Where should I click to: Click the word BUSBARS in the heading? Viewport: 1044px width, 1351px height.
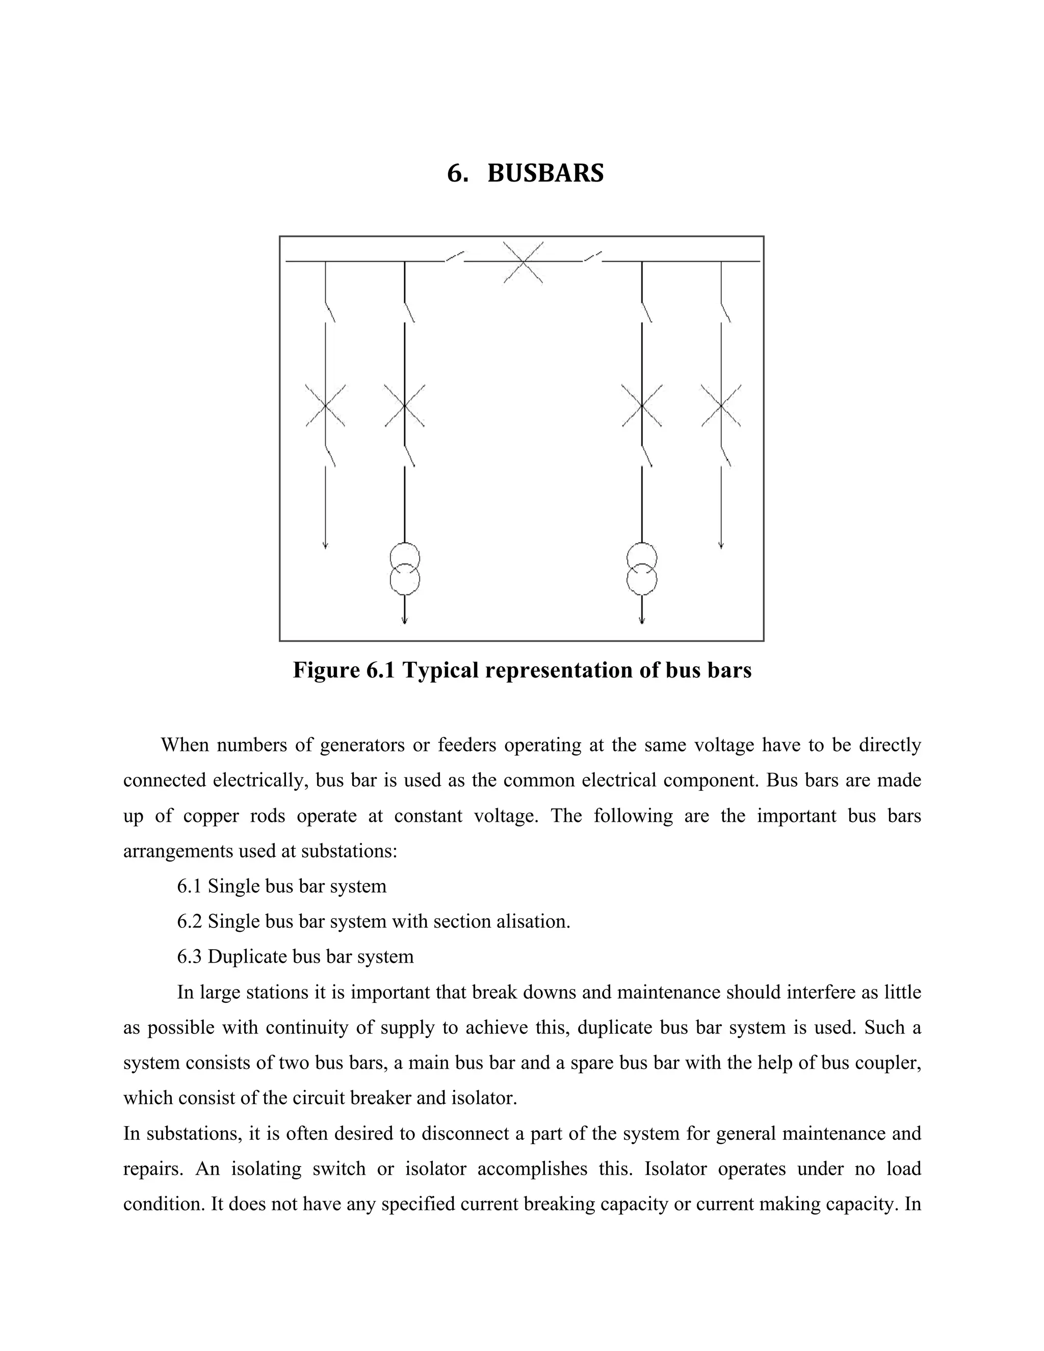(x=545, y=173)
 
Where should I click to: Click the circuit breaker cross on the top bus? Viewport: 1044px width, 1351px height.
(x=523, y=262)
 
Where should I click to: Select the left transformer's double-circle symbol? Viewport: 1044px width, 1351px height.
(x=404, y=568)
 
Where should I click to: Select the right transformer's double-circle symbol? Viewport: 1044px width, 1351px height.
(x=641, y=568)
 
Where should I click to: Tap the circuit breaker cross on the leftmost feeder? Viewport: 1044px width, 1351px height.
(x=325, y=406)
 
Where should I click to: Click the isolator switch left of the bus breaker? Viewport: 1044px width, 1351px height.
(x=455, y=256)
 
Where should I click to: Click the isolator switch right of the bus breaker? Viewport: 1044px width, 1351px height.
(x=592, y=256)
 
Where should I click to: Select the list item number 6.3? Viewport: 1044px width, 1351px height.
(x=189, y=956)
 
